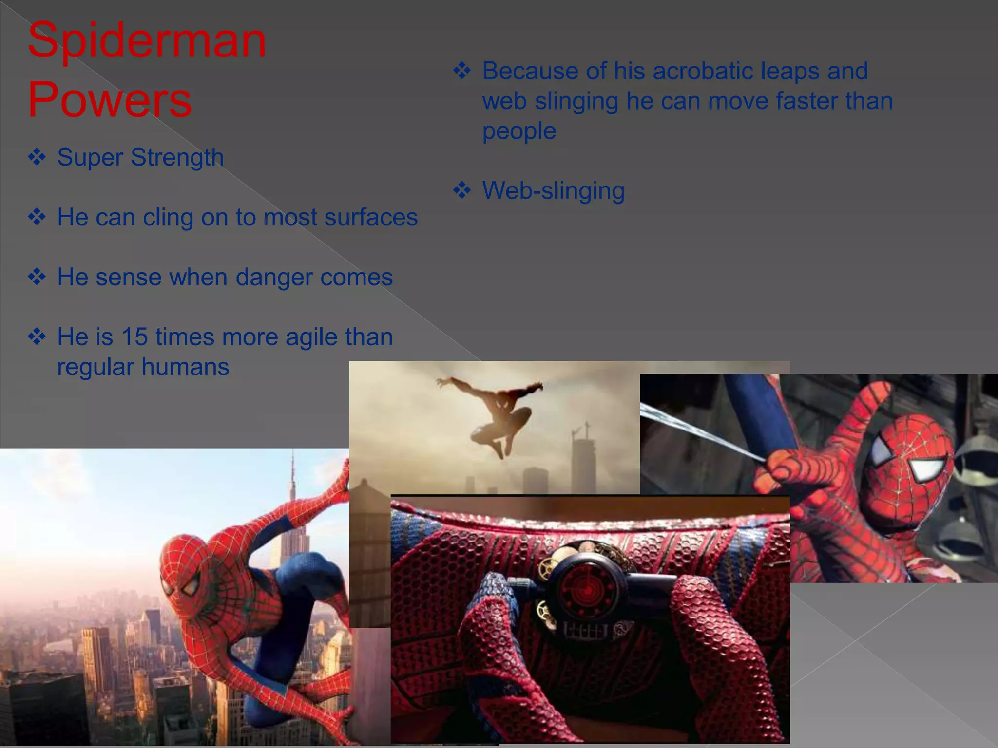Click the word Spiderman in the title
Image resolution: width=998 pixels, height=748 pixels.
click(x=147, y=41)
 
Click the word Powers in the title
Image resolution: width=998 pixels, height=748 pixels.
click(x=110, y=100)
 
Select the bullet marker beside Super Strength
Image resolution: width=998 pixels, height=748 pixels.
click(x=37, y=157)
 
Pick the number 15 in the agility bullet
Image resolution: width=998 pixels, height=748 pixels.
click(x=134, y=337)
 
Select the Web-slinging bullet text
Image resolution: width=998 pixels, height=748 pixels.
click(x=553, y=190)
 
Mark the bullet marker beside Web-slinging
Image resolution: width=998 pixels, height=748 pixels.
click(x=462, y=190)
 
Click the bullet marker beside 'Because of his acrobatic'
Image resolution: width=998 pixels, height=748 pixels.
click(x=462, y=71)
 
